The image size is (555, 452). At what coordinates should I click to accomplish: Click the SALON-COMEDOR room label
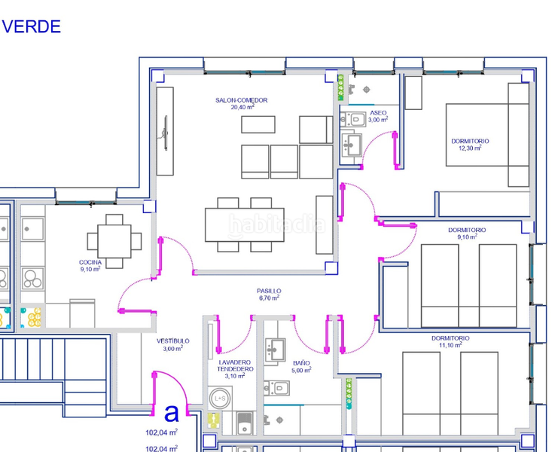(242, 100)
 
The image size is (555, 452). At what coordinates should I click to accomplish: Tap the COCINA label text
(90, 262)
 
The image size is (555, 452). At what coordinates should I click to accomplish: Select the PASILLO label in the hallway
(269, 291)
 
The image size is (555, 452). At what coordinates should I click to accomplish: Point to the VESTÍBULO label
(173, 341)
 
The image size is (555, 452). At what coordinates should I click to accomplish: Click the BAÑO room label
(301, 363)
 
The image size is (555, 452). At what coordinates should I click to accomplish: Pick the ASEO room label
(378, 113)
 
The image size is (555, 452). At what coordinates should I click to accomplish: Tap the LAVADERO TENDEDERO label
(235, 365)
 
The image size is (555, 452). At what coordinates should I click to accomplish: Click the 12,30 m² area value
(470, 148)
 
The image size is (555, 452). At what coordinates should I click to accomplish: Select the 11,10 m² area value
(450, 345)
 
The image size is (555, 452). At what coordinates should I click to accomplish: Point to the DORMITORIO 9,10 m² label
(467, 234)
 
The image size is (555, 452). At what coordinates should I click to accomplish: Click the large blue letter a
(172, 413)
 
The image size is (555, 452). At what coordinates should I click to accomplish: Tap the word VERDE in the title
(32, 27)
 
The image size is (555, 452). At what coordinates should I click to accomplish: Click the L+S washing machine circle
(219, 399)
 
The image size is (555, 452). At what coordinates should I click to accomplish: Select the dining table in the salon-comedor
(245, 224)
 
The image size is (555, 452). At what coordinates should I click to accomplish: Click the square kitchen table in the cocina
(114, 241)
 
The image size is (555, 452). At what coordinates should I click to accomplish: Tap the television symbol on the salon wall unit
(166, 133)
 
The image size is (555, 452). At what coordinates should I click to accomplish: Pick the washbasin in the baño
(275, 350)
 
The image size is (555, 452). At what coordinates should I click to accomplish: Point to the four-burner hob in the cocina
(32, 279)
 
